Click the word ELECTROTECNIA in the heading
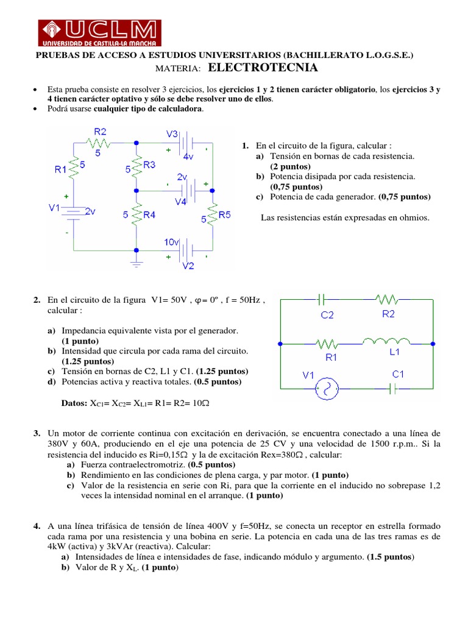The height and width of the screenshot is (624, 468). coord(263,68)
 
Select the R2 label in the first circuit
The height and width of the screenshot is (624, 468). coord(100,131)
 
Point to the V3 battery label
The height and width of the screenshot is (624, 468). coord(172,133)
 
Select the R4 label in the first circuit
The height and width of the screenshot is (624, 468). coord(149,214)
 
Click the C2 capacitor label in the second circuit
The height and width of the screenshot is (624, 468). coord(327,315)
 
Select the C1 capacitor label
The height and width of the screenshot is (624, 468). coord(399,374)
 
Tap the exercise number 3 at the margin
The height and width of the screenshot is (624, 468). coord(37,432)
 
